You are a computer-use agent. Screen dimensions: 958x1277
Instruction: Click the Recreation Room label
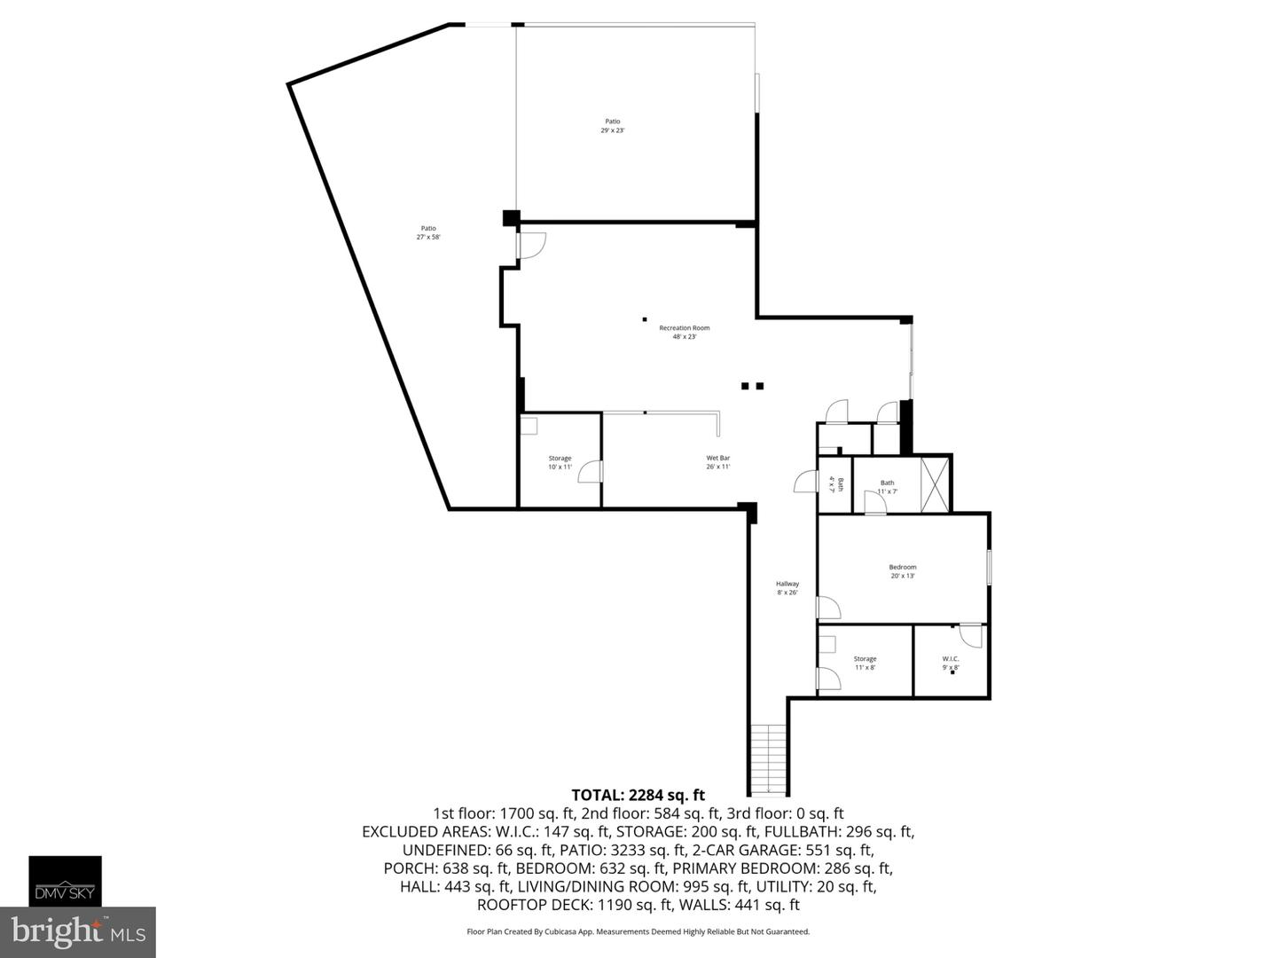[684, 332]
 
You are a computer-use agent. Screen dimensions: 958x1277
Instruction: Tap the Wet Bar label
[717, 462]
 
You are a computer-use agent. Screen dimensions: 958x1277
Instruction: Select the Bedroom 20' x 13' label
[903, 571]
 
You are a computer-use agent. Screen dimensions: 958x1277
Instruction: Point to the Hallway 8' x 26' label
[787, 587]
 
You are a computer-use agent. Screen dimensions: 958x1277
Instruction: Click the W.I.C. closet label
[951, 662]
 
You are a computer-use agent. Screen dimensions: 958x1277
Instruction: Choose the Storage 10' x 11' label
[560, 462]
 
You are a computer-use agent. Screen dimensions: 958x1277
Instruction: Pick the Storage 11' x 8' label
[865, 663]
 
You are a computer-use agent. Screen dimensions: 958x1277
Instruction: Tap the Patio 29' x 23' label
[613, 126]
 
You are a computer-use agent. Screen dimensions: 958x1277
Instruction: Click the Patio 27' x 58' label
[428, 232]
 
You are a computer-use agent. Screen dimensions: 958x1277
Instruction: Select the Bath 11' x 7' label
[887, 486]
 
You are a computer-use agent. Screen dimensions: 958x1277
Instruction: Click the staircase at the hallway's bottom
[768, 759]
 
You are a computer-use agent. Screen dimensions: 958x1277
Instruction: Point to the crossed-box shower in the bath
[935, 483]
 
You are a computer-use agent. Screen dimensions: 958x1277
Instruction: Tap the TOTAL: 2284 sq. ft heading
[638, 795]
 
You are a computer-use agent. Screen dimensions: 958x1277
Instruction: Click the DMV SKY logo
[66, 881]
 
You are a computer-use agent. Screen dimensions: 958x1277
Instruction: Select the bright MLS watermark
[78, 931]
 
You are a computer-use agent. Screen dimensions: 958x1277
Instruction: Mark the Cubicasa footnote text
[638, 931]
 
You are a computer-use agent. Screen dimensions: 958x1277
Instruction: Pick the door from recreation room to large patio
[531, 245]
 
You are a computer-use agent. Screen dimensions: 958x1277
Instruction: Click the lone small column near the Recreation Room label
[645, 319]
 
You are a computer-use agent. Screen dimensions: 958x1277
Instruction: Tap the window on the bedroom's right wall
[989, 568]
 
